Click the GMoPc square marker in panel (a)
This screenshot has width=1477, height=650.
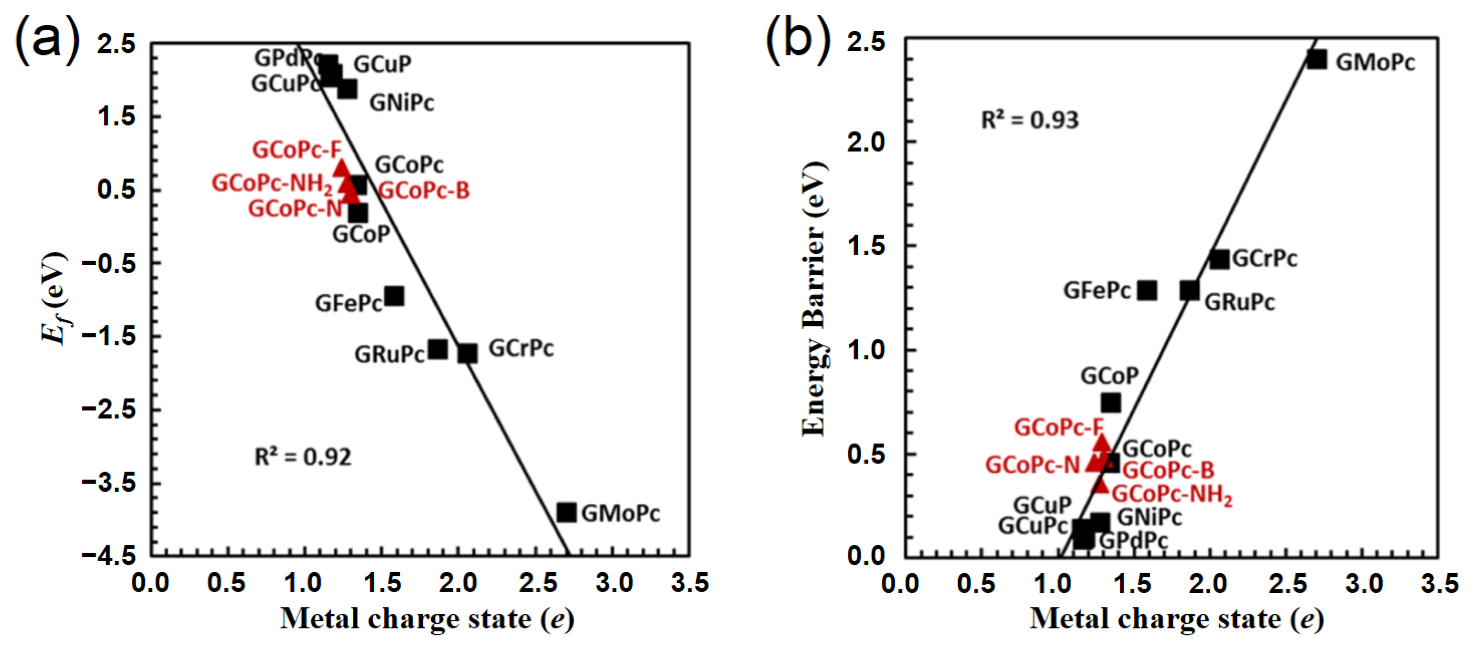point(566,512)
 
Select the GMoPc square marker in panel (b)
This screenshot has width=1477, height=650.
point(1316,60)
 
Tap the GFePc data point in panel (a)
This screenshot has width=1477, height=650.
point(394,296)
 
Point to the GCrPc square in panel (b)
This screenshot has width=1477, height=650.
point(1220,259)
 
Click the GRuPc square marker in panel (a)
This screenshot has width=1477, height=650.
point(438,349)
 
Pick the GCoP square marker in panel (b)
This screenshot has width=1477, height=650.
point(1111,403)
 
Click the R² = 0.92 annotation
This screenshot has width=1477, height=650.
point(303,457)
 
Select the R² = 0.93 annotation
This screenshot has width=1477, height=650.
point(1030,120)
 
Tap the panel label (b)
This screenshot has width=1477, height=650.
point(798,39)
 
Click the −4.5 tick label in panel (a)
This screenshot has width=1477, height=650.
point(109,555)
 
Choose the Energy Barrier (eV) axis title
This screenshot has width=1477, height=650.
point(814,298)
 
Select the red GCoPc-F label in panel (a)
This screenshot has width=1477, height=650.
point(296,150)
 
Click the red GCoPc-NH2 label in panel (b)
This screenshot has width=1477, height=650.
point(1172,495)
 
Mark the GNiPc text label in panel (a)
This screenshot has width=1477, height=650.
point(401,103)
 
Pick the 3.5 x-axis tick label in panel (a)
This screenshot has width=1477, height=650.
point(690,584)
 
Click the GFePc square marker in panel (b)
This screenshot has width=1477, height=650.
point(1147,291)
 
